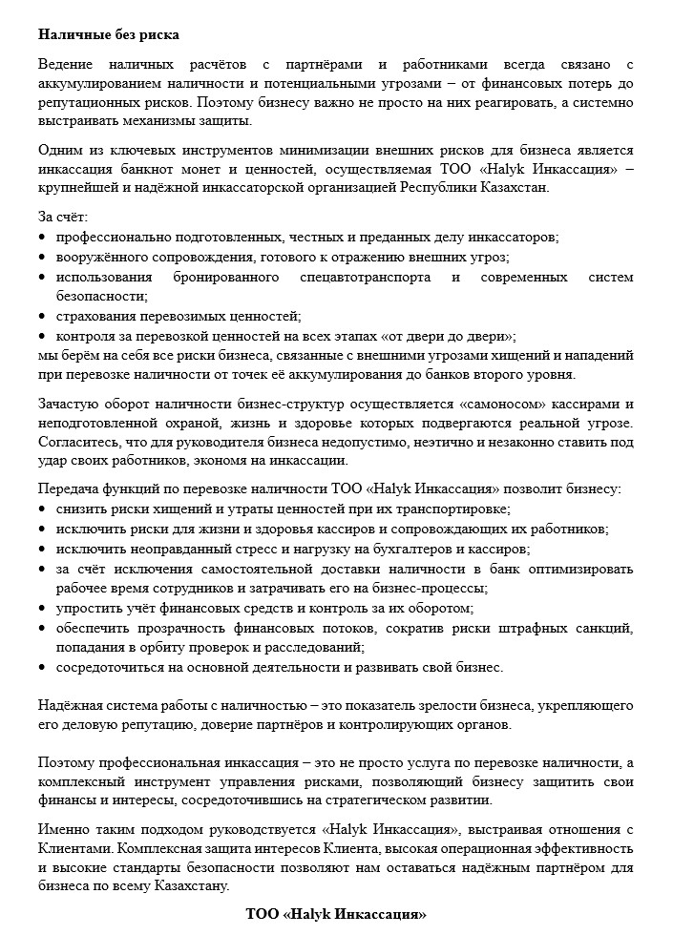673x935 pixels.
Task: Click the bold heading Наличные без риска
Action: tap(110, 35)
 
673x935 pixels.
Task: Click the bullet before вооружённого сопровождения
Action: tap(43, 258)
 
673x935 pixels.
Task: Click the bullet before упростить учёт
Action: tap(43, 607)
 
